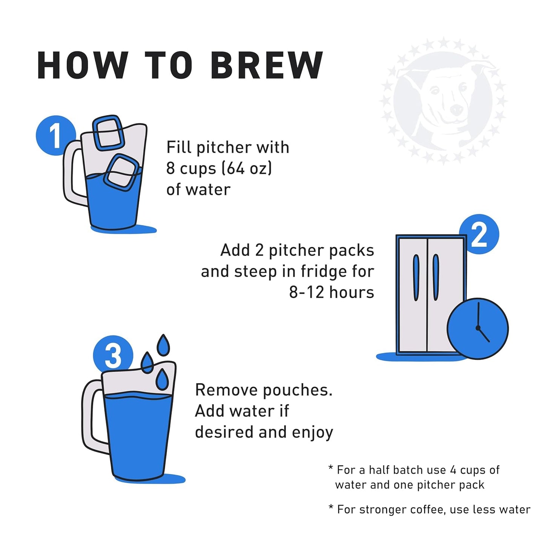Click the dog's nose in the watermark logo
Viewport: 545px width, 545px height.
tap(456, 110)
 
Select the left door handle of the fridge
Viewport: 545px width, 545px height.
tap(416, 277)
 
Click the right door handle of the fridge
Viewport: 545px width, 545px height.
tap(436, 277)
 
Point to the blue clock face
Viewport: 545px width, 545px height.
tap(477, 328)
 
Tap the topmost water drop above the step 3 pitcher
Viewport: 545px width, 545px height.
tap(163, 345)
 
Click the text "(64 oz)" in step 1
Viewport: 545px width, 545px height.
tap(247, 168)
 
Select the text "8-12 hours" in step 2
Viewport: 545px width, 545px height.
tap(332, 292)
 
